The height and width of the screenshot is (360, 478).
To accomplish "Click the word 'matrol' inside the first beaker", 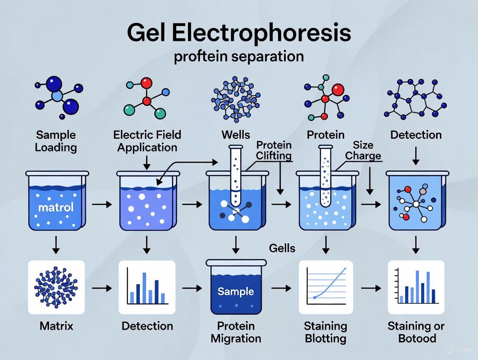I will point(56,207).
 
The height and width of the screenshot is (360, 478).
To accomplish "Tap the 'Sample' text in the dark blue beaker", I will point(236,291).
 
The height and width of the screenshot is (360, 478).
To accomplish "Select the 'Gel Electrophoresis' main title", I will point(239,33).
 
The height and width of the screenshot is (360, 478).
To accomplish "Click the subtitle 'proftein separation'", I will point(239,57).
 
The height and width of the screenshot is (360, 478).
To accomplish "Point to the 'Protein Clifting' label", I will point(274,150).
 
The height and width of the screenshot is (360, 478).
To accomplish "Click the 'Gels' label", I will point(282,248).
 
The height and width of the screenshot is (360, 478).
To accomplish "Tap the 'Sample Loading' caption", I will point(56,141).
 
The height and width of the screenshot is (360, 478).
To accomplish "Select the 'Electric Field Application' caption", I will point(147,141).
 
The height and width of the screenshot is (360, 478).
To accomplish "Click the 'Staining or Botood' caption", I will point(416,331).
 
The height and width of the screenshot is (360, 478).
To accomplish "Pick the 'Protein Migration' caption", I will point(236,331).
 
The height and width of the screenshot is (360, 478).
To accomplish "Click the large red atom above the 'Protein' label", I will point(338,90).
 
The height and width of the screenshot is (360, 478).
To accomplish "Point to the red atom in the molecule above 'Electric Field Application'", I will point(146,82).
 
